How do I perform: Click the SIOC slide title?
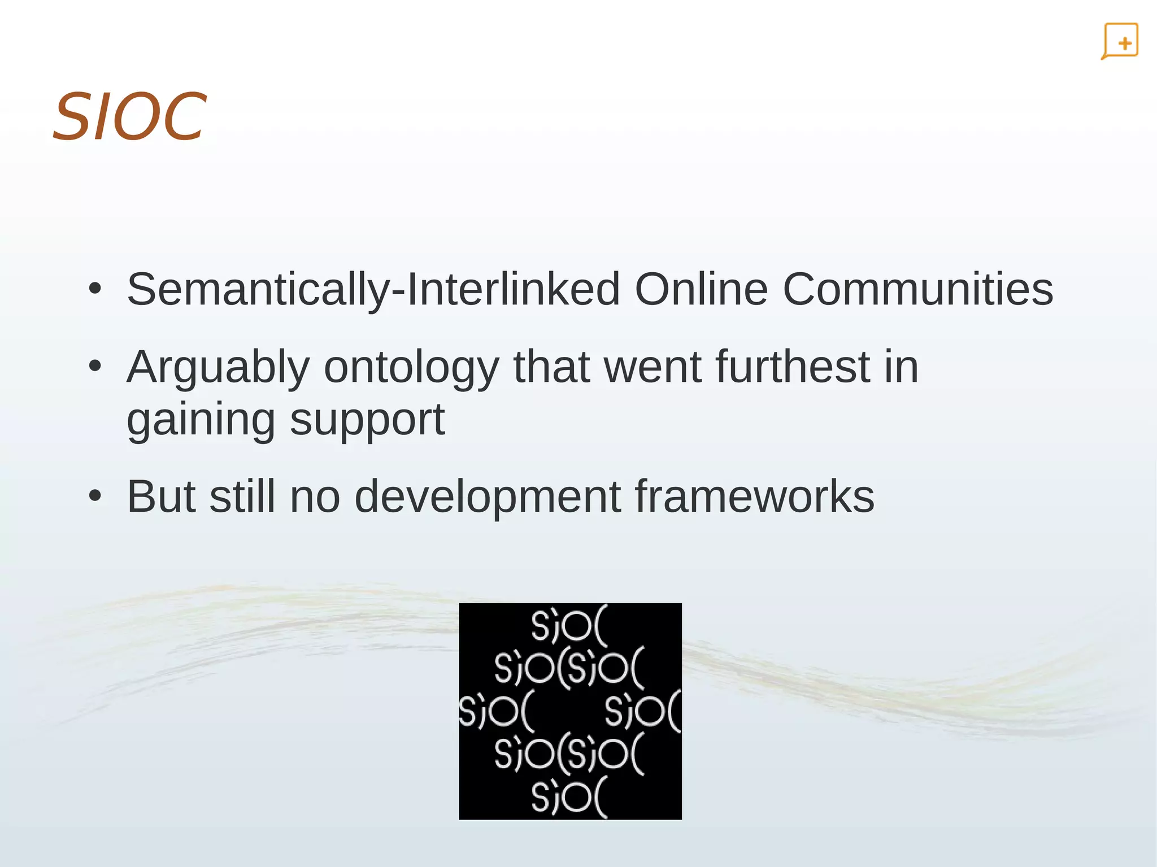129,117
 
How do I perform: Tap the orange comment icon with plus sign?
1120,41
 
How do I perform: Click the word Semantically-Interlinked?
373,290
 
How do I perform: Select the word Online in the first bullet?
701,290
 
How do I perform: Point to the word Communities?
917,290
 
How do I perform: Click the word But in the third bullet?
161,497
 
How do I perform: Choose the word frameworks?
754,497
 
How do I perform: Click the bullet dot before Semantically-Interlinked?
95,289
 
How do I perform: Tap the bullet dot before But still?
95,496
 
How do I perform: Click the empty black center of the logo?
569,711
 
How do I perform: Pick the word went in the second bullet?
652,368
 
